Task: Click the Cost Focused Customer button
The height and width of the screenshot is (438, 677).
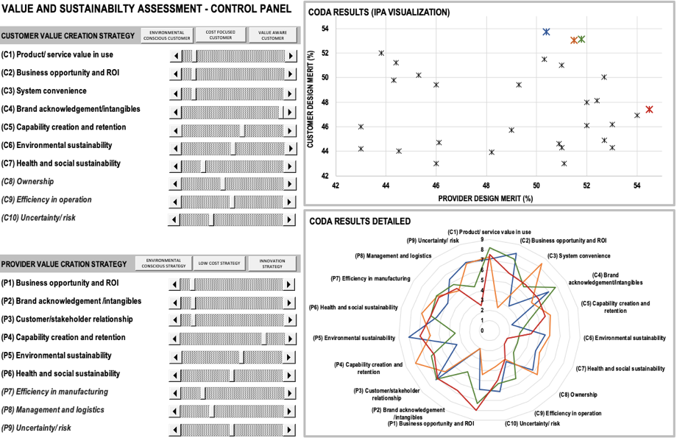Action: click(221, 35)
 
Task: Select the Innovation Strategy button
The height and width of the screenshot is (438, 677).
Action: click(272, 264)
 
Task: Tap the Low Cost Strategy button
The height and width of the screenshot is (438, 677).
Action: click(219, 263)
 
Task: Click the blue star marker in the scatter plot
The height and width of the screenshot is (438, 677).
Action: click(547, 32)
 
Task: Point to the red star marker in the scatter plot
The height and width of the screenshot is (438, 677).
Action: click(649, 109)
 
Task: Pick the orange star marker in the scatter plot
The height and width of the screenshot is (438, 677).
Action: click(574, 40)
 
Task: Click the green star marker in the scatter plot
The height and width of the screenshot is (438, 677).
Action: click(581, 39)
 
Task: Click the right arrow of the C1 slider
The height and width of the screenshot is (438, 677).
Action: click(291, 56)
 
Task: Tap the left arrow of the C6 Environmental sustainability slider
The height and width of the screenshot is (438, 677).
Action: click(176, 149)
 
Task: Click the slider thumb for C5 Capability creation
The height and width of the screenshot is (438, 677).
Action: click(242, 130)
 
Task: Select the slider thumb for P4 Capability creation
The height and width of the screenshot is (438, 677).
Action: click(263, 339)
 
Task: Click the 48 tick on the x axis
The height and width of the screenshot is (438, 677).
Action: click(486, 186)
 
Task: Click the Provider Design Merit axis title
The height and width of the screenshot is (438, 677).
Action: click(486, 198)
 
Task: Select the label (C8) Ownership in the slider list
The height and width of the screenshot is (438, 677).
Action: click(28, 181)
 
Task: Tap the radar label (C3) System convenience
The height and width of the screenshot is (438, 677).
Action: click(579, 255)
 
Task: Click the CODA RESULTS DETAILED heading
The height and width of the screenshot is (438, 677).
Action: click(360, 221)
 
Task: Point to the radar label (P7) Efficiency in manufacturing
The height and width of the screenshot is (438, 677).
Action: click(370, 278)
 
